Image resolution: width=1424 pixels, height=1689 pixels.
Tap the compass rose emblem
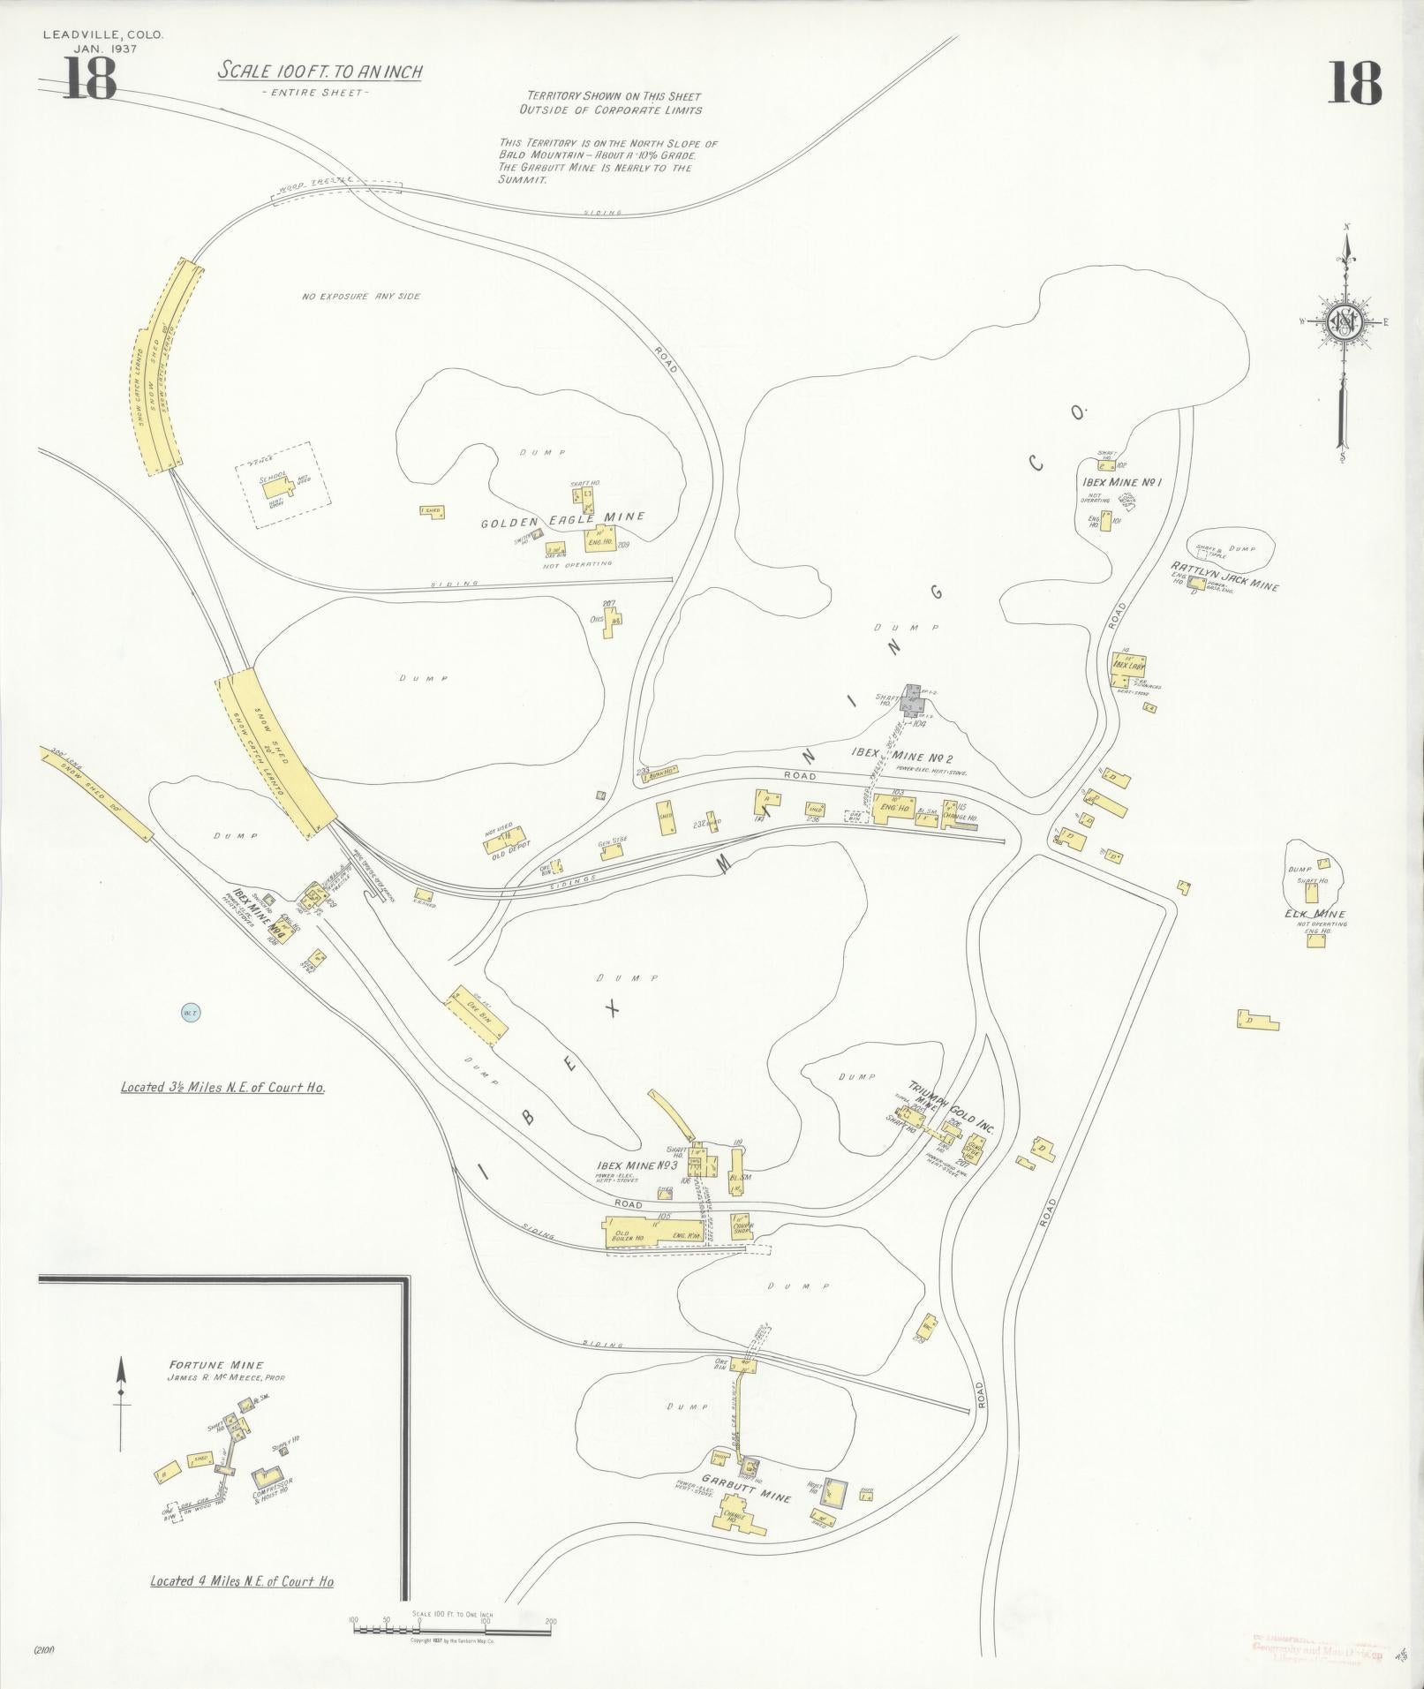tap(1343, 323)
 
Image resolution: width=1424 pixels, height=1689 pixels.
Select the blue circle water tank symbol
tap(188, 1013)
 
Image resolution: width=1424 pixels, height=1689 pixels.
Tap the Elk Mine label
tap(1315, 914)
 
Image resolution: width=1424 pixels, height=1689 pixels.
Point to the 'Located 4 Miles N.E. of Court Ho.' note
tap(242, 1580)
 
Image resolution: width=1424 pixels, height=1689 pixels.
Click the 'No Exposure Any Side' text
tap(361, 296)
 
